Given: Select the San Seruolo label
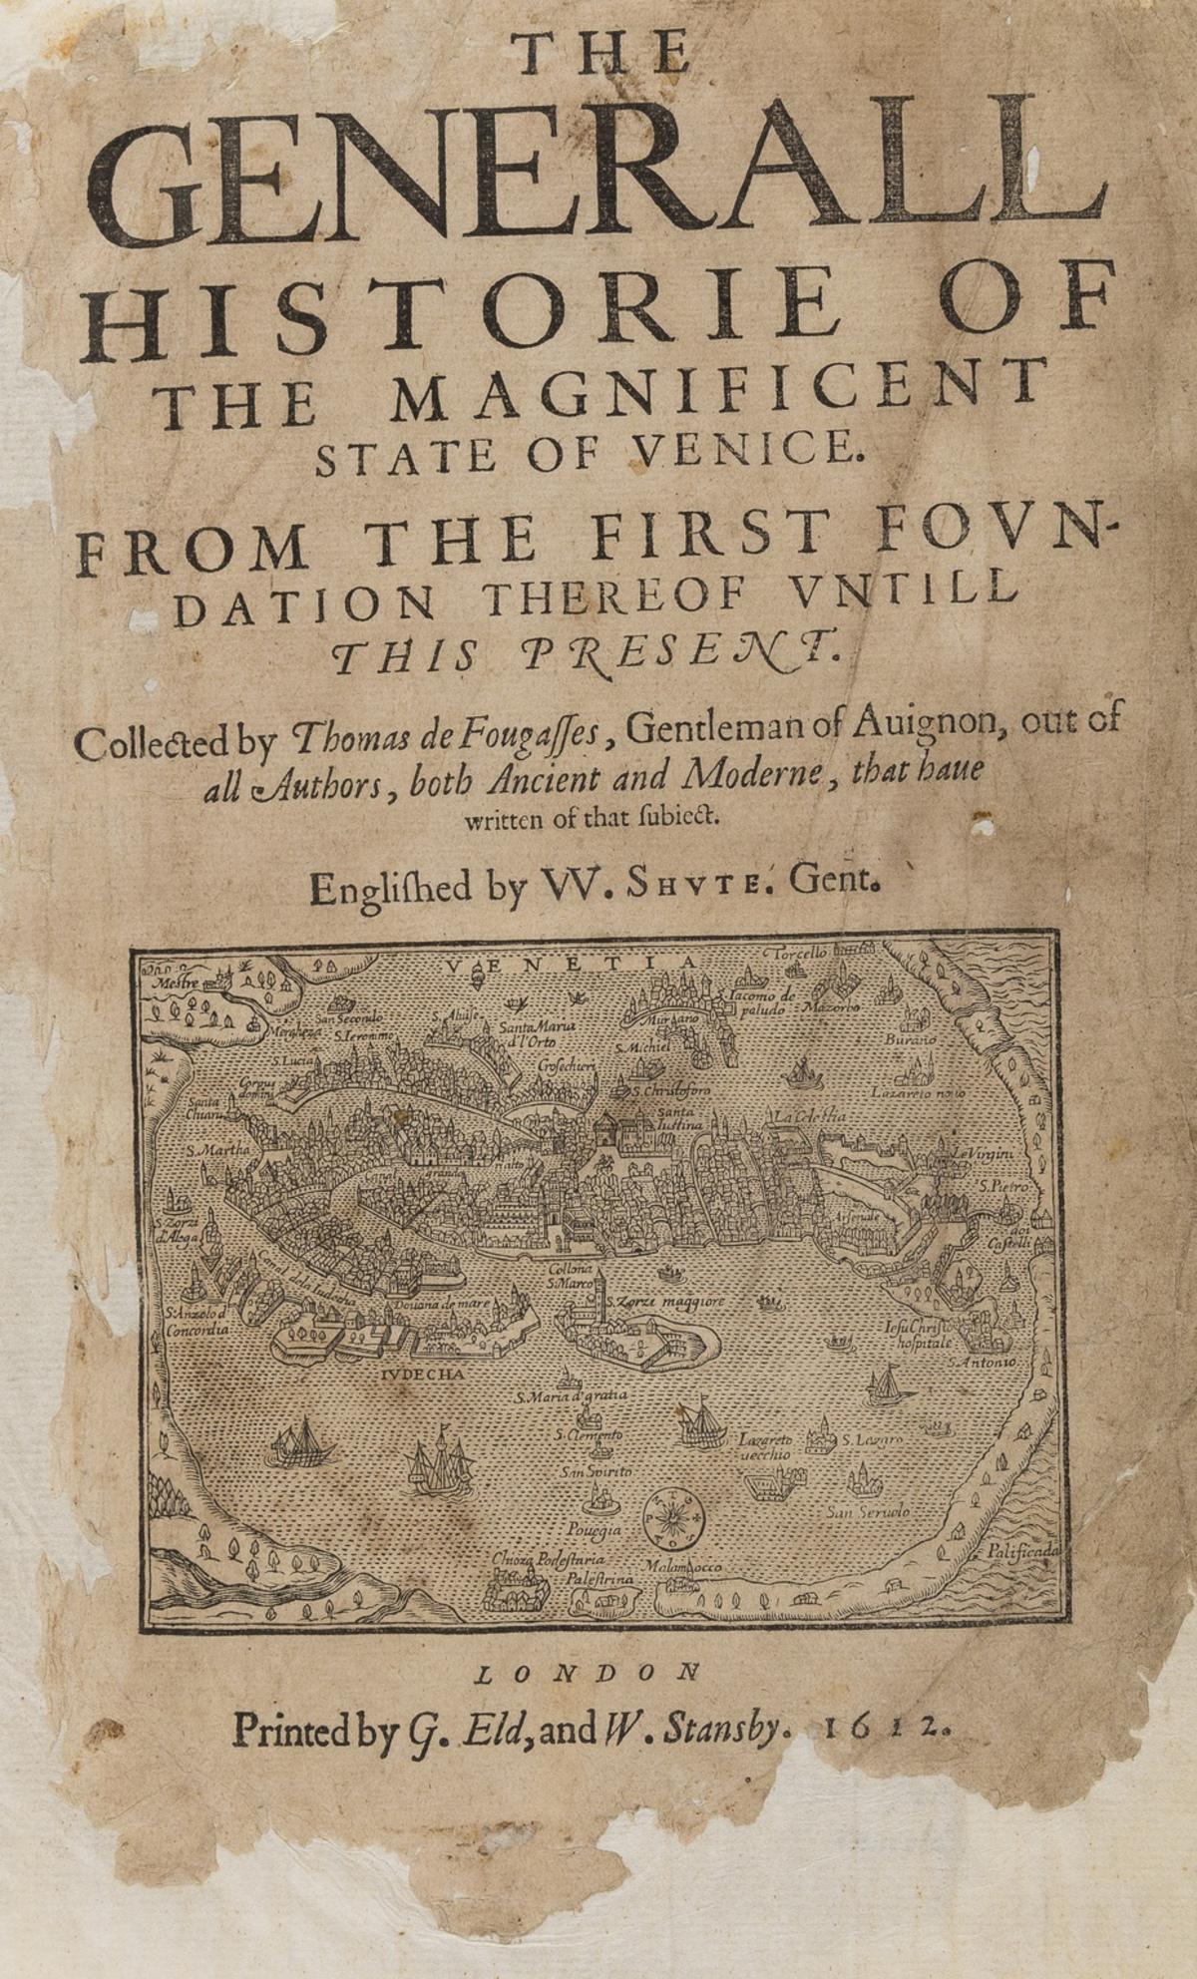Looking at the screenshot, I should pyautogui.click(x=868, y=1512).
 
